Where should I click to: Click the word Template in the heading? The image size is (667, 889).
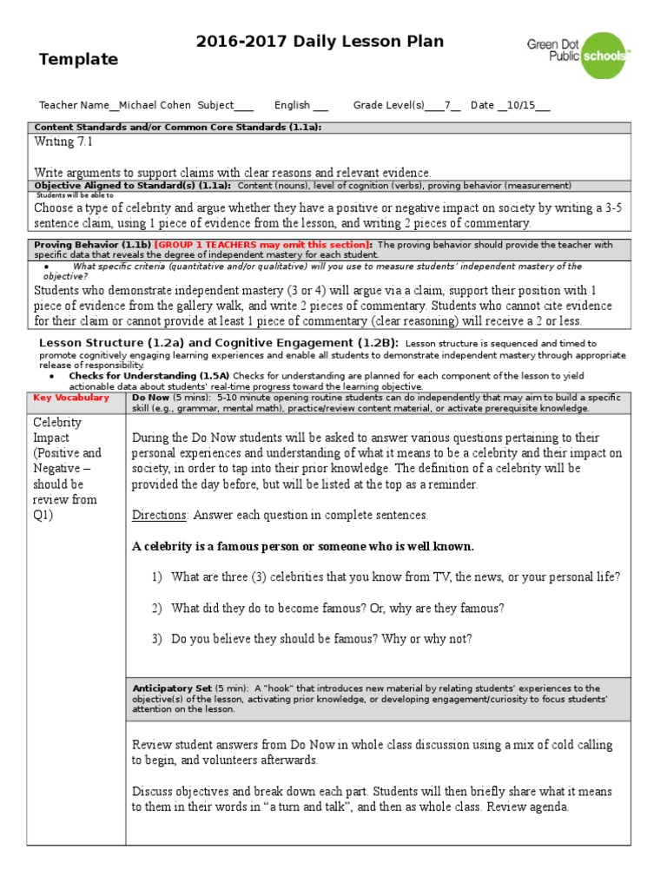click(x=78, y=60)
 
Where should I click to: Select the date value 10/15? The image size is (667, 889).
click(x=523, y=105)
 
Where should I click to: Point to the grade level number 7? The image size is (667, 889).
click(x=446, y=105)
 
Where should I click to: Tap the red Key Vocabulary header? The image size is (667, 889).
click(x=71, y=398)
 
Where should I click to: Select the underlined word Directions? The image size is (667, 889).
click(x=160, y=515)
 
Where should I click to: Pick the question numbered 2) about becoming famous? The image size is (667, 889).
click(x=337, y=608)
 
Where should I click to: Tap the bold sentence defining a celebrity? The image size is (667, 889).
click(x=303, y=546)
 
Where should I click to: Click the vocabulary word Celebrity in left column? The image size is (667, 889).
click(x=57, y=422)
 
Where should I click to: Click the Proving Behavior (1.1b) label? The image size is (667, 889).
click(x=92, y=245)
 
